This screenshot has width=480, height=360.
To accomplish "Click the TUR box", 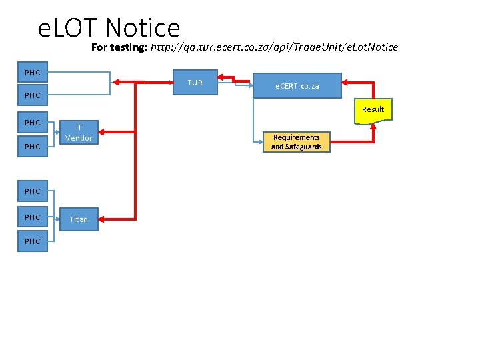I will tap(195, 83).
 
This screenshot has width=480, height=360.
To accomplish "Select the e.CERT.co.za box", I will tap(297, 86).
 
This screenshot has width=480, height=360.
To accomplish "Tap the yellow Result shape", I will tap(373, 109).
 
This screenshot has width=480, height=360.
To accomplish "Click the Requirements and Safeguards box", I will tap(296, 142).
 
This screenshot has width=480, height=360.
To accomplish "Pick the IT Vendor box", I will tap(79, 133).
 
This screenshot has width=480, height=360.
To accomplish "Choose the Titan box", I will tap(79, 219).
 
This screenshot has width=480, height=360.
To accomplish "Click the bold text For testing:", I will tap(119, 47).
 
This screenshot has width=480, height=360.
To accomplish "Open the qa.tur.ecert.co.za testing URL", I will tap(275, 47).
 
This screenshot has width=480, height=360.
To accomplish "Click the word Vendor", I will tap(79, 138).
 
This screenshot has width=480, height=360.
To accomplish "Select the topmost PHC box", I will tap(32, 72).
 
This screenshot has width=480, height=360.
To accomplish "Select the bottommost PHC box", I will tap(32, 241).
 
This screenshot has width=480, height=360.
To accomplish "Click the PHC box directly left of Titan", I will tap(32, 217).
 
